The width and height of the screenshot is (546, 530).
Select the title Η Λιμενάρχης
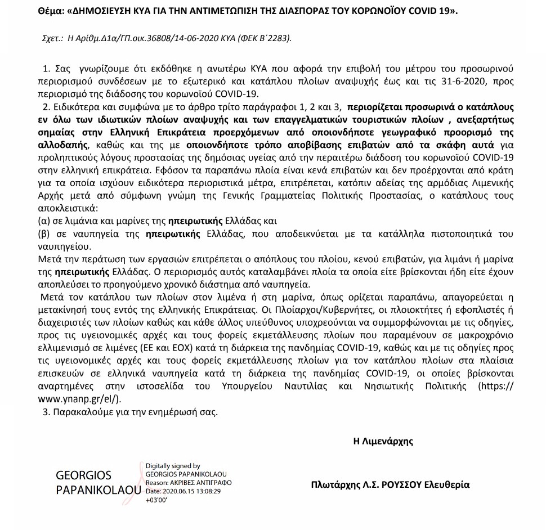pyautogui.click(x=382, y=441)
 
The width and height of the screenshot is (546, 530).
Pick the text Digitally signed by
pyautogui.click(x=173, y=466)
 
